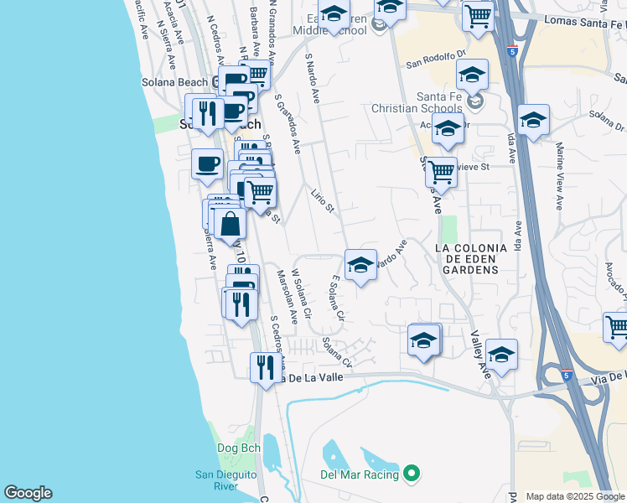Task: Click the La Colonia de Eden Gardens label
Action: point(471,259)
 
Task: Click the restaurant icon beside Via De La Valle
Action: point(264,367)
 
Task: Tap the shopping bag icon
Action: point(231,224)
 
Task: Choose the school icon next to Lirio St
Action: point(361,265)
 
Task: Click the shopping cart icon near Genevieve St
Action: point(441,172)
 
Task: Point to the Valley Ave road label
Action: point(480,353)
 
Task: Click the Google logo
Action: point(28,493)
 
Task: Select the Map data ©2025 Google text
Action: point(575,496)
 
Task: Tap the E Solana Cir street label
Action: point(338,301)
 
